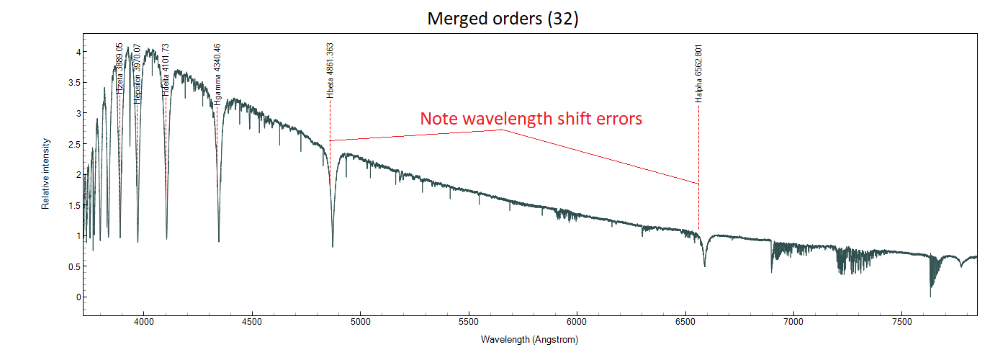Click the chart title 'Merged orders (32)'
pos(503,19)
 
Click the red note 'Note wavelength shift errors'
pos(531,119)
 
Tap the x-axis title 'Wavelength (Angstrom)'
pos(529,339)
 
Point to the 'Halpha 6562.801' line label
pos(698,73)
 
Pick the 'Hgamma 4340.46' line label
pos(217,75)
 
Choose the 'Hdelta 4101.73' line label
pos(166,70)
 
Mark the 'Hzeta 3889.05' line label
pos(120,69)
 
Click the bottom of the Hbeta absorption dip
pos(333,247)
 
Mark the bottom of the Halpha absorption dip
pos(704,266)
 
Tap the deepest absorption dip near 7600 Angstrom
pos(930,296)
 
